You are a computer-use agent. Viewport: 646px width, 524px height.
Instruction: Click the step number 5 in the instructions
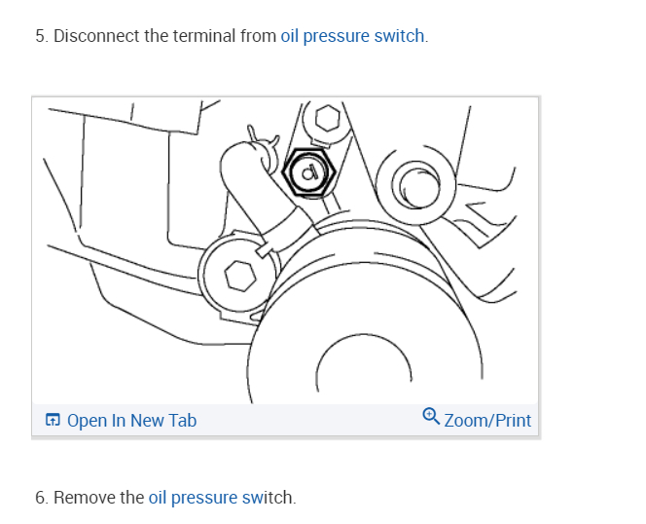tap(39, 37)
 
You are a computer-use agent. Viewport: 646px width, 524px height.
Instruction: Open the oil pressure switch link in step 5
tap(352, 37)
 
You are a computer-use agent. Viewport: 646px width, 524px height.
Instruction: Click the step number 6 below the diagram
tap(40, 498)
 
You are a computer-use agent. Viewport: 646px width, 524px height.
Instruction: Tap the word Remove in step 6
tap(84, 498)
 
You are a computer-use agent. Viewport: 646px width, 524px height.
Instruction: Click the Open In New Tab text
tap(131, 421)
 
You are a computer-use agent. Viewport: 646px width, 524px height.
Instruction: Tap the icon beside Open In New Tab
tap(53, 421)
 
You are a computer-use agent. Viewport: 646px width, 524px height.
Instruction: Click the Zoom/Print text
tap(487, 421)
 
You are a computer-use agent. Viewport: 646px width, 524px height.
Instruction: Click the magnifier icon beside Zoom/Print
tap(431, 418)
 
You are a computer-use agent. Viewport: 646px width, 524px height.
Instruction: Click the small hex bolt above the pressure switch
tap(327, 119)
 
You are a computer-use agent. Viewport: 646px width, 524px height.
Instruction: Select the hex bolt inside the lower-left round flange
tap(237, 277)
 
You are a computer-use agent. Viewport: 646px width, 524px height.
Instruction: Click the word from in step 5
tap(258, 37)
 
